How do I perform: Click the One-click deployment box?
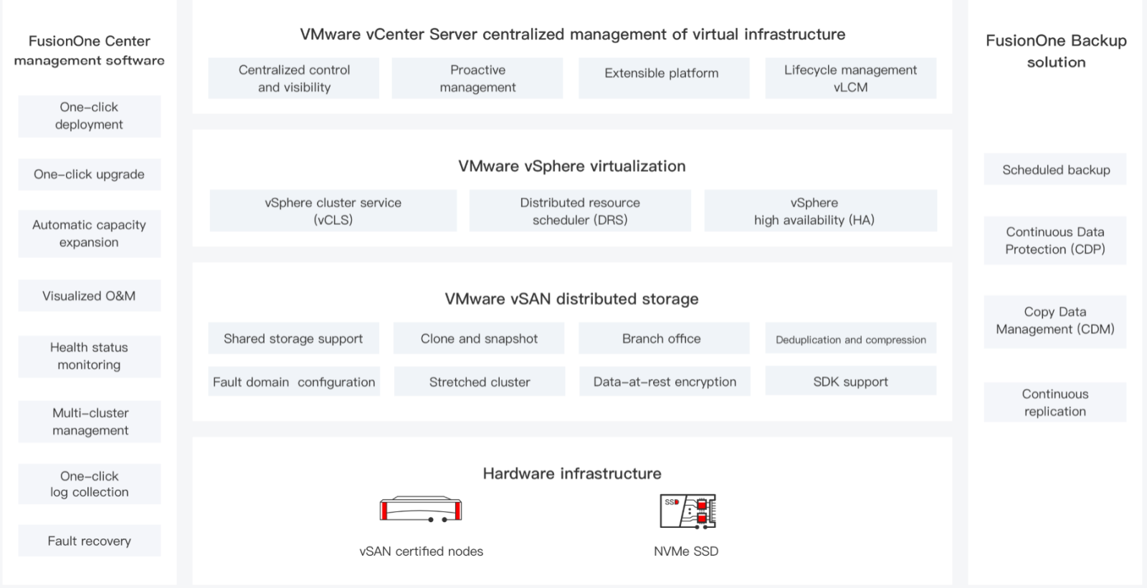pos(90,116)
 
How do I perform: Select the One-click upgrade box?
pos(90,175)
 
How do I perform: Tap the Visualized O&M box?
pos(90,296)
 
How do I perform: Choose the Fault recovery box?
pos(90,541)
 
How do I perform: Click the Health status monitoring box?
pos(90,356)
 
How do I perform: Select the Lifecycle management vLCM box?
pos(850,78)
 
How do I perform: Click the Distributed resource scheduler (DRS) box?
pos(580,211)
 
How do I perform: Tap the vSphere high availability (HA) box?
pos(820,211)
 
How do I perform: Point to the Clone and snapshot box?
pos(479,338)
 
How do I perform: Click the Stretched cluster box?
pos(480,382)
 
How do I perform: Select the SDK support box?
pos(850,381)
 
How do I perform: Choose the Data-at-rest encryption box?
pos(665,382)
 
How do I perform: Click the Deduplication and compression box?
pos(850,339)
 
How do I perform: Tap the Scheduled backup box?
pos(1055,170)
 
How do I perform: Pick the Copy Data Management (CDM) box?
pos(1055,321)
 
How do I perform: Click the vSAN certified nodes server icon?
pos(421,509)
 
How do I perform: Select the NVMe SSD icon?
pos(687,511)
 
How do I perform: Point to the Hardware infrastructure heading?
pos(571,473)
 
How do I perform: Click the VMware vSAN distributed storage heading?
pos(571,299)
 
